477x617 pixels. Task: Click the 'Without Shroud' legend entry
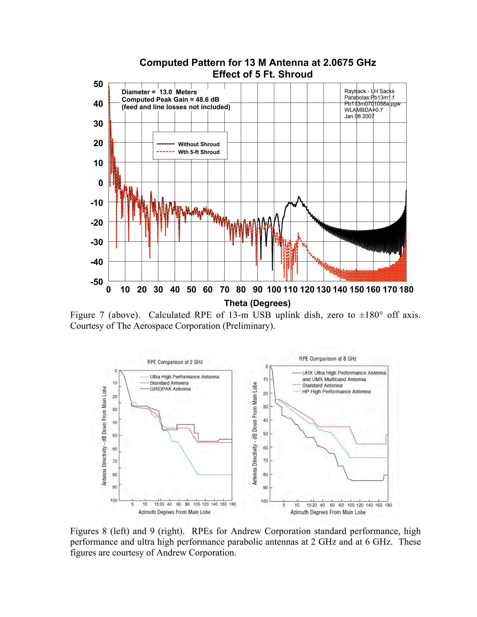[x=198, y=144]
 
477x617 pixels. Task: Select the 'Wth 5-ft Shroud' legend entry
[x=198, y=152]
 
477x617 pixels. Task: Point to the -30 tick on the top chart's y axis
[x=97, y=242]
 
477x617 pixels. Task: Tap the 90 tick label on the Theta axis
[x=257, y=290]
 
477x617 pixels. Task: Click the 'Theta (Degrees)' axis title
[x=257, y=303]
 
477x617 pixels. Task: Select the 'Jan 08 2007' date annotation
[x=359, y=116]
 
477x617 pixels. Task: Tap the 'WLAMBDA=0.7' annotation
[x=363, y=110]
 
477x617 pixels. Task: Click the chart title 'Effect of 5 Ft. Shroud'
[x=262, y=74]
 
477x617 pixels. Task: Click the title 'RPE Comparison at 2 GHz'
[x=175, y=362]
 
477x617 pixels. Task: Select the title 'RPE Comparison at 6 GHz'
[x=327, y=359]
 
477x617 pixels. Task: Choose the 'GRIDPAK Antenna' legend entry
[x=170, y=389]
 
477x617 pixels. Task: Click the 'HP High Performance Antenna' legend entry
[x=336, y=392]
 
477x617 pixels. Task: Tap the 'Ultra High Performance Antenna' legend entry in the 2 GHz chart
[x=184, y=377]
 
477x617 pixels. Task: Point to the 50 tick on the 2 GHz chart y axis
[x=115, y=435]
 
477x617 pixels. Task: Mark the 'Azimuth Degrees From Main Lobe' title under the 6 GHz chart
[x=328, y=512]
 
